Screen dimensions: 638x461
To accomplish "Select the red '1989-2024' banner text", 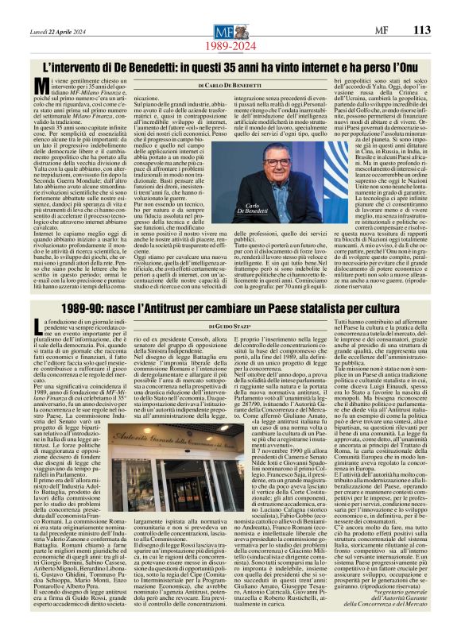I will tap(230, 46).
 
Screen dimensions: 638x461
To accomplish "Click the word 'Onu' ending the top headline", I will tap(418, 67).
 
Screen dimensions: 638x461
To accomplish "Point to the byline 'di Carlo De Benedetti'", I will tap(230, 84).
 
